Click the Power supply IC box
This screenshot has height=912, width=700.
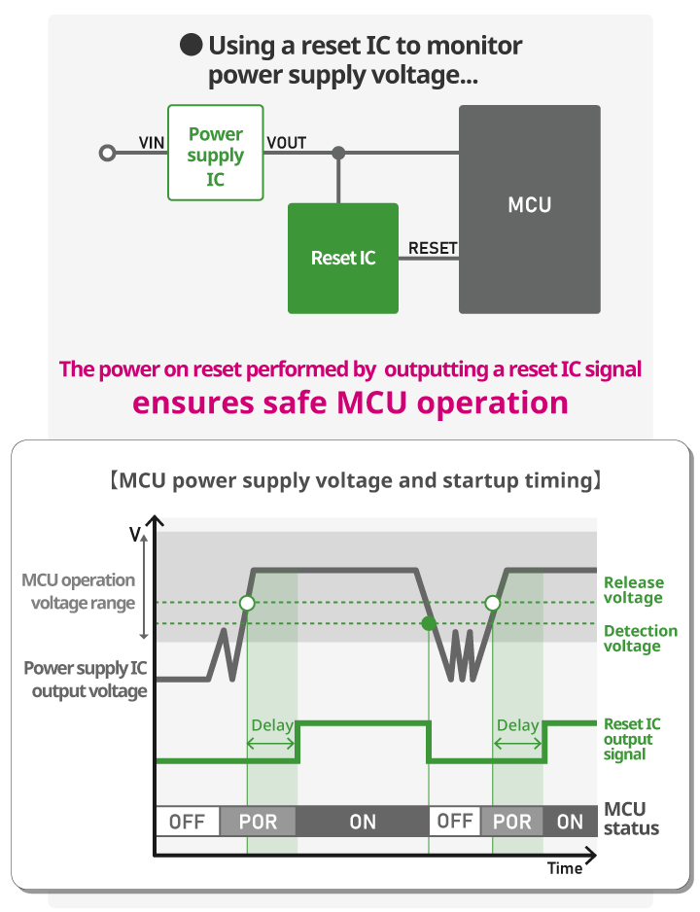point(216,153)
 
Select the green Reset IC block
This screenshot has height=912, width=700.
point(343,259)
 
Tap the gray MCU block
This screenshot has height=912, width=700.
point(530,209)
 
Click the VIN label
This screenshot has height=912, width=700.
point(152,143)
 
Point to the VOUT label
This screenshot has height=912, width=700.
point(287,143)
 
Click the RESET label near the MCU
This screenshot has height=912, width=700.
point(433,248)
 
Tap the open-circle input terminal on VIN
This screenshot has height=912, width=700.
point(107,154)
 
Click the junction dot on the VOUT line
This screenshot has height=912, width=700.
point(338,154)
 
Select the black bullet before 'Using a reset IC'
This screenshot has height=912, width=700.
point(191,45)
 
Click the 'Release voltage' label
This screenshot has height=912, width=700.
point(633,590)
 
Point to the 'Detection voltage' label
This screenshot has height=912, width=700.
point(640,638)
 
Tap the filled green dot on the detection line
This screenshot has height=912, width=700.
point(429,623)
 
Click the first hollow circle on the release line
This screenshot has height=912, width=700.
point(247,603)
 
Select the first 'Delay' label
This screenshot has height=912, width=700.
point(271,725)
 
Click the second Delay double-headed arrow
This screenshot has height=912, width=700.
point(517,744)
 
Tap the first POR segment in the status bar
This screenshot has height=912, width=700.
point(258,822)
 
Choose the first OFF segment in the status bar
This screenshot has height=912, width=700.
point(188,822)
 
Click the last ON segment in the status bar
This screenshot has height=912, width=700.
point(570,822)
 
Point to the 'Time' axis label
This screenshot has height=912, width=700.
point(565,868)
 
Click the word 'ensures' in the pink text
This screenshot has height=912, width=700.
point(193,403)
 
